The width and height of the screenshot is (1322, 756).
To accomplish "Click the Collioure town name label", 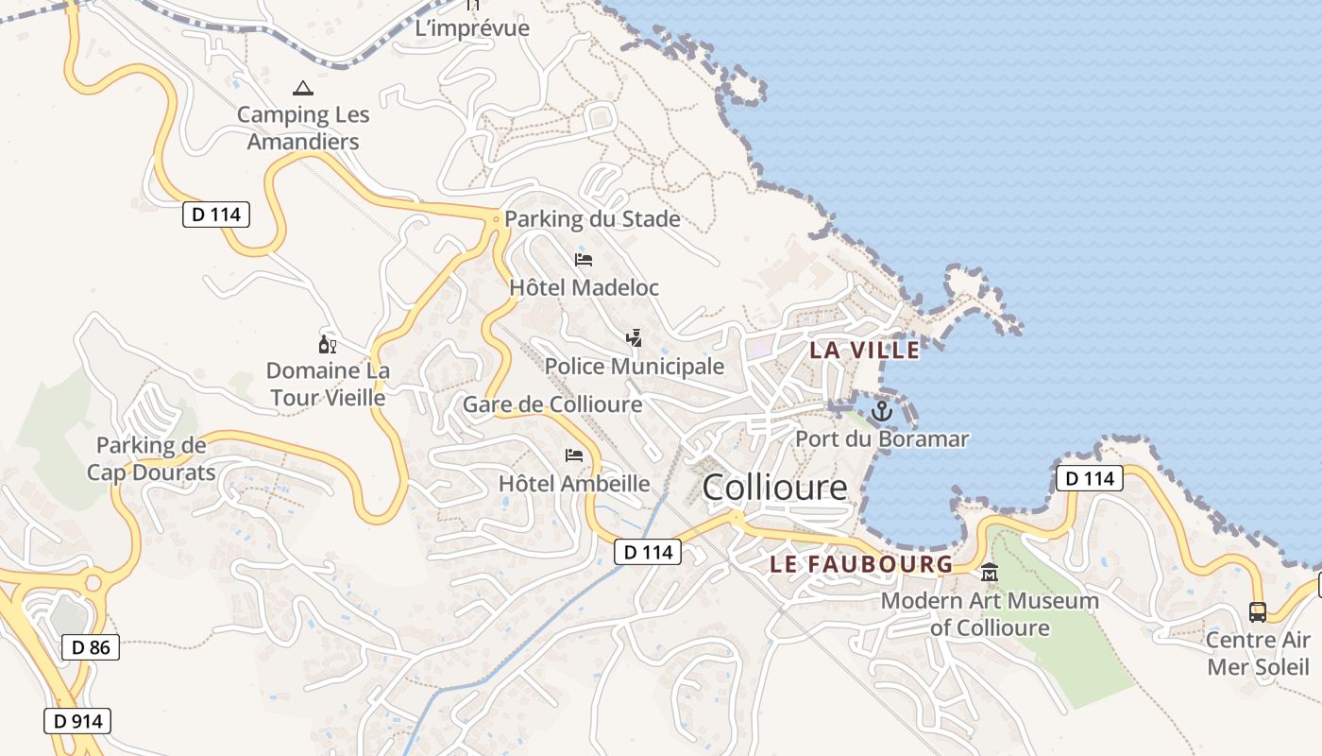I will (x=775, y=488).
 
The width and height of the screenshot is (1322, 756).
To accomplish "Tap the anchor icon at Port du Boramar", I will (x=881, y=411).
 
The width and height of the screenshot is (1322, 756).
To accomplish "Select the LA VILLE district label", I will (x=864, y=350).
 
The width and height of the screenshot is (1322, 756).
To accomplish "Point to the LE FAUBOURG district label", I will (x=861, y=564).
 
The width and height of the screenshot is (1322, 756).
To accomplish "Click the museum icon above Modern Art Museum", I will (x=990, y=572).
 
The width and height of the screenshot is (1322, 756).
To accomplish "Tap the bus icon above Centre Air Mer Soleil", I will (x=1258, y=611).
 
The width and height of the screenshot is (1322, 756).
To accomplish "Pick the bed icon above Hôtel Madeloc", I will (x=584, y=259).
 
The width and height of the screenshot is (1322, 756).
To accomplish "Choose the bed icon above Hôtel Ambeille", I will (x=574, y=455).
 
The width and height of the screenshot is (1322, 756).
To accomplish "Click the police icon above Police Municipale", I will (x=635, y=337).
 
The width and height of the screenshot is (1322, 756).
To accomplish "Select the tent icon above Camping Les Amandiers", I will (x=302, y=89).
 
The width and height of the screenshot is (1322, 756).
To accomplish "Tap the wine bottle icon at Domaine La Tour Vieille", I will (x=328, y=344).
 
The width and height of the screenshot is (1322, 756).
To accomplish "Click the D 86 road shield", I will (x=91, y=647).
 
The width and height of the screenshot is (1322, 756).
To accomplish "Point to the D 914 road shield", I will (x=77, y=721).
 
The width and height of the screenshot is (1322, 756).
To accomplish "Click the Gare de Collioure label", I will (x=552, y=404).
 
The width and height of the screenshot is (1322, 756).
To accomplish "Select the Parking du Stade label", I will (x=592, y=219).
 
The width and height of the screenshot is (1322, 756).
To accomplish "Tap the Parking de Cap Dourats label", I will (x=151, y=458).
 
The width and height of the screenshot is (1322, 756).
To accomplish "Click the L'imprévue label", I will (x=472, y=28).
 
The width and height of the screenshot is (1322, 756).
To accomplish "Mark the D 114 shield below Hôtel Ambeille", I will (x=648, y=551).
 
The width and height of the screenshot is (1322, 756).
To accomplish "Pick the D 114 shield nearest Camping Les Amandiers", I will (x=216, y=215).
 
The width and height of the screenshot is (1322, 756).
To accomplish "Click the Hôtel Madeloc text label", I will (x=584, y=287).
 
